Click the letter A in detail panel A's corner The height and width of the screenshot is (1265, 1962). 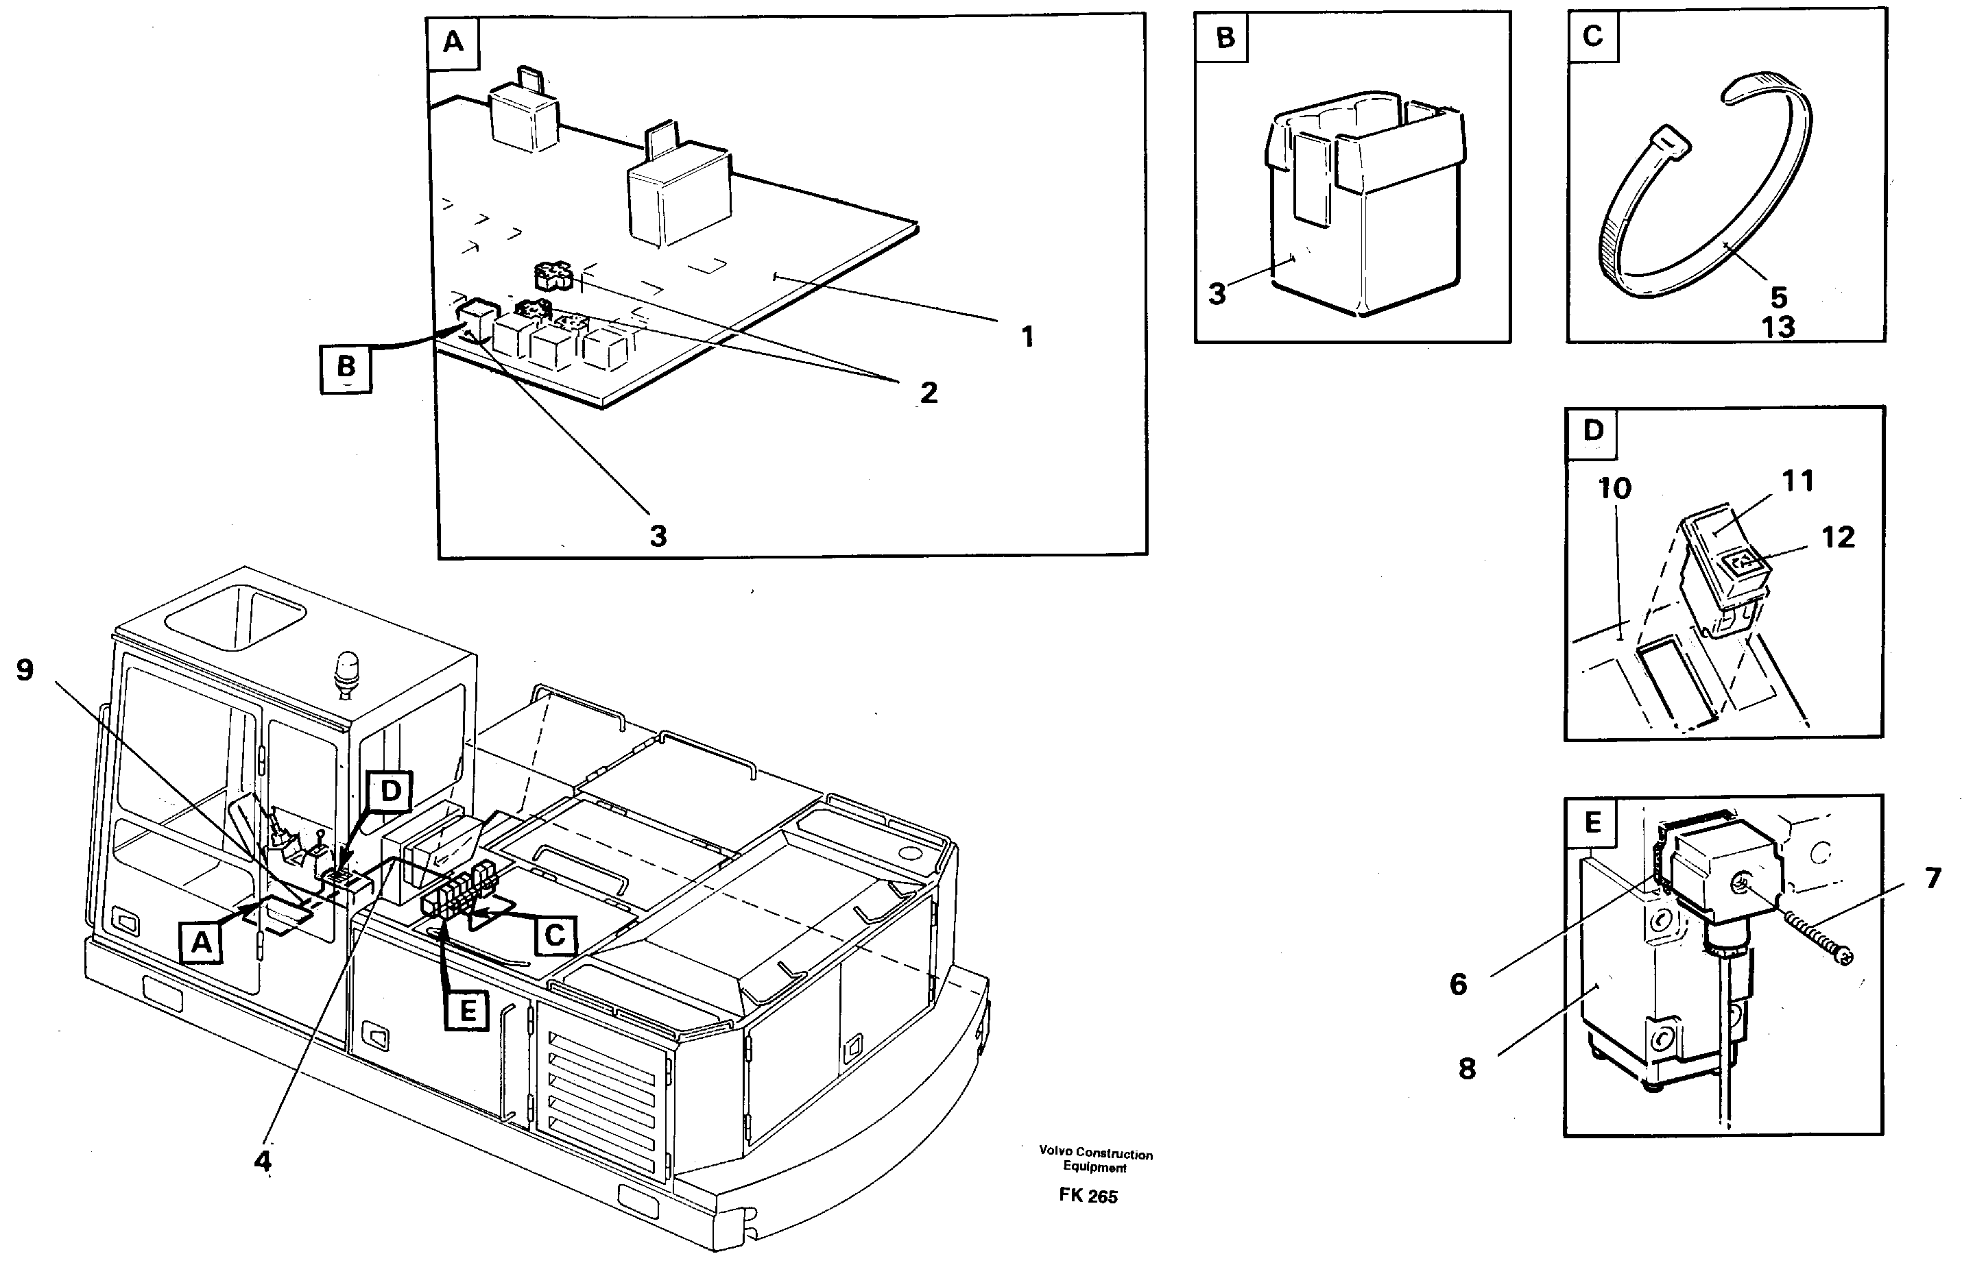[x=453, y=42]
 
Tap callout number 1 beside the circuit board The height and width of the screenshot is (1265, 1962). [x=1027, y=336]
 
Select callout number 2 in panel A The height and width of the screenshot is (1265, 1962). [x=928, y=393]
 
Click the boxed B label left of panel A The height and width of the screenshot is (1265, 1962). [x=346, y=367]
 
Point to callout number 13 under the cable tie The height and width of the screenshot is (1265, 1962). [x=1778, y=327]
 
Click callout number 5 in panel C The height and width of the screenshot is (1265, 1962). [x=1779, y=297]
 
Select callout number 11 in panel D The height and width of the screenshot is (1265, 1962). [x=1797, y=480]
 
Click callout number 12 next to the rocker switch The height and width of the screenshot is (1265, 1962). [x=1838, y=537]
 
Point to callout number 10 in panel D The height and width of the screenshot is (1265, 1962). [x=1614, y=488]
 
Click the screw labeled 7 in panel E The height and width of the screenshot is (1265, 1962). [x=1813, y=937]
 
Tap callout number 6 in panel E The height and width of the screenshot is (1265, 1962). [x=1458, y=984]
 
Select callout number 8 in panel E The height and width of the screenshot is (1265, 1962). [x=1467, y=1068]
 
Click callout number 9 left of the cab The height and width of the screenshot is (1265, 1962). [x=25, y=670]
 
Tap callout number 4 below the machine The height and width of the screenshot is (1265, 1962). [x=262, y=1161]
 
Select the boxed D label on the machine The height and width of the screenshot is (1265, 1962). [x=390, y=791]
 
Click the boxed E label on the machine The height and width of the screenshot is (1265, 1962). [x=468, y=1010]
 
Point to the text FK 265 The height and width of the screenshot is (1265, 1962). [x=1088, y=1196]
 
